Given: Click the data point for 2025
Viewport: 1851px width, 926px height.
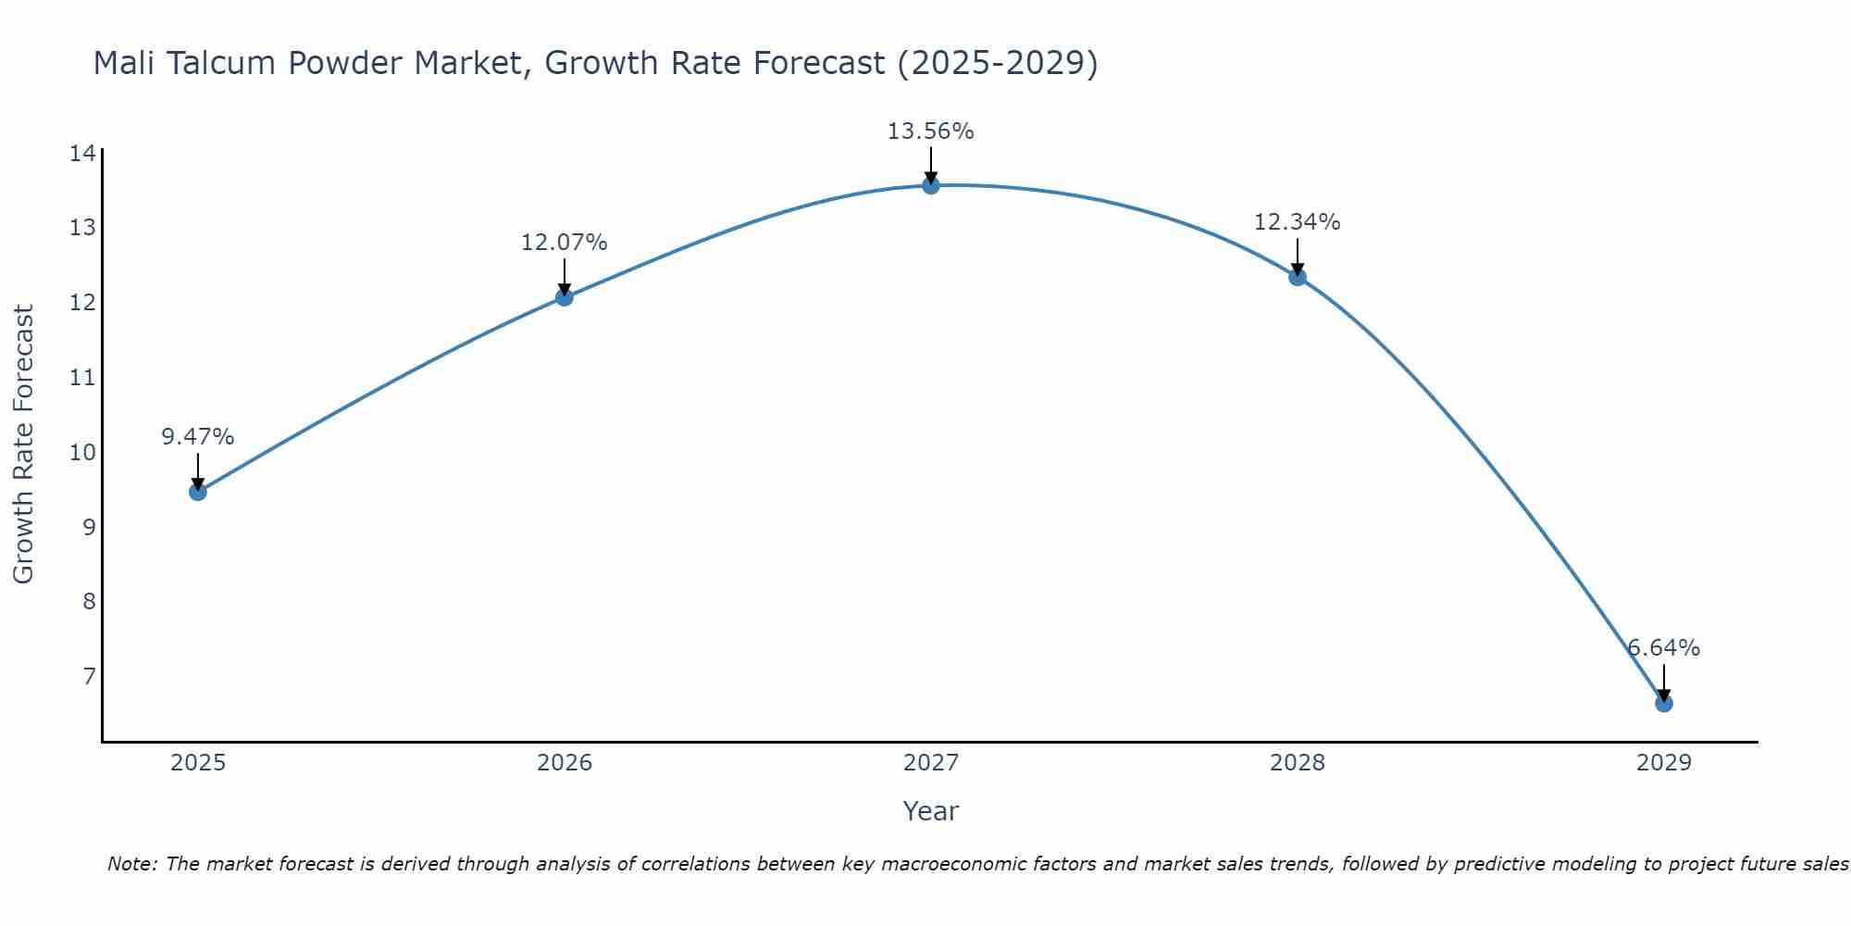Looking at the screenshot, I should (197, 492).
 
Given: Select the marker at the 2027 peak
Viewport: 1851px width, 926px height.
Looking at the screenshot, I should (931, 185).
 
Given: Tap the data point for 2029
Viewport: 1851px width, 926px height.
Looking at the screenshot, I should (1663, 704).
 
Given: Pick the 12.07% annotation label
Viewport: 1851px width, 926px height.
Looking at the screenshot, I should (564, 243).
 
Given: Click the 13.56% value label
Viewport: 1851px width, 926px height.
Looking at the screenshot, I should (930, 131).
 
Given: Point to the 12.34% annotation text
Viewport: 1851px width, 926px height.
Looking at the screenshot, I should (1297, 222).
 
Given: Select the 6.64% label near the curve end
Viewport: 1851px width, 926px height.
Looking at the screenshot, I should (1663, 648).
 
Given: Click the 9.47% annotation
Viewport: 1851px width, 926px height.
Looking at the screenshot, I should (197, 437).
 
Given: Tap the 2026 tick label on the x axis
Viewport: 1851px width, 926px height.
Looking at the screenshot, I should (565, 763).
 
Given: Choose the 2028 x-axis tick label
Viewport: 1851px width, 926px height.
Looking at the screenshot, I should (1297, 763).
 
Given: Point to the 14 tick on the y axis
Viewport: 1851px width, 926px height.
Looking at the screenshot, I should (82, 154).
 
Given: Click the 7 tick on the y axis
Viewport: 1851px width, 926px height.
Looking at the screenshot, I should (89, 677).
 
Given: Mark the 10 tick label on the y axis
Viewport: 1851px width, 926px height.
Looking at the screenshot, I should (82, 453).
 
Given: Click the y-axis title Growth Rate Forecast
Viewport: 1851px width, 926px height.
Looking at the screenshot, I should (24, 444).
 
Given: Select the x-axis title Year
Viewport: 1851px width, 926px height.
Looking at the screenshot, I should (930, 811).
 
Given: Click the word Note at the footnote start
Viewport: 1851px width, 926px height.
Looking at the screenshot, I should (133, 865).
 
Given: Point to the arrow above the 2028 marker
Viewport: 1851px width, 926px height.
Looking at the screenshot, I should (1297, 257).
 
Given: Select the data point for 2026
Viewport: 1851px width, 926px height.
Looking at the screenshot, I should (564, 297).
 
